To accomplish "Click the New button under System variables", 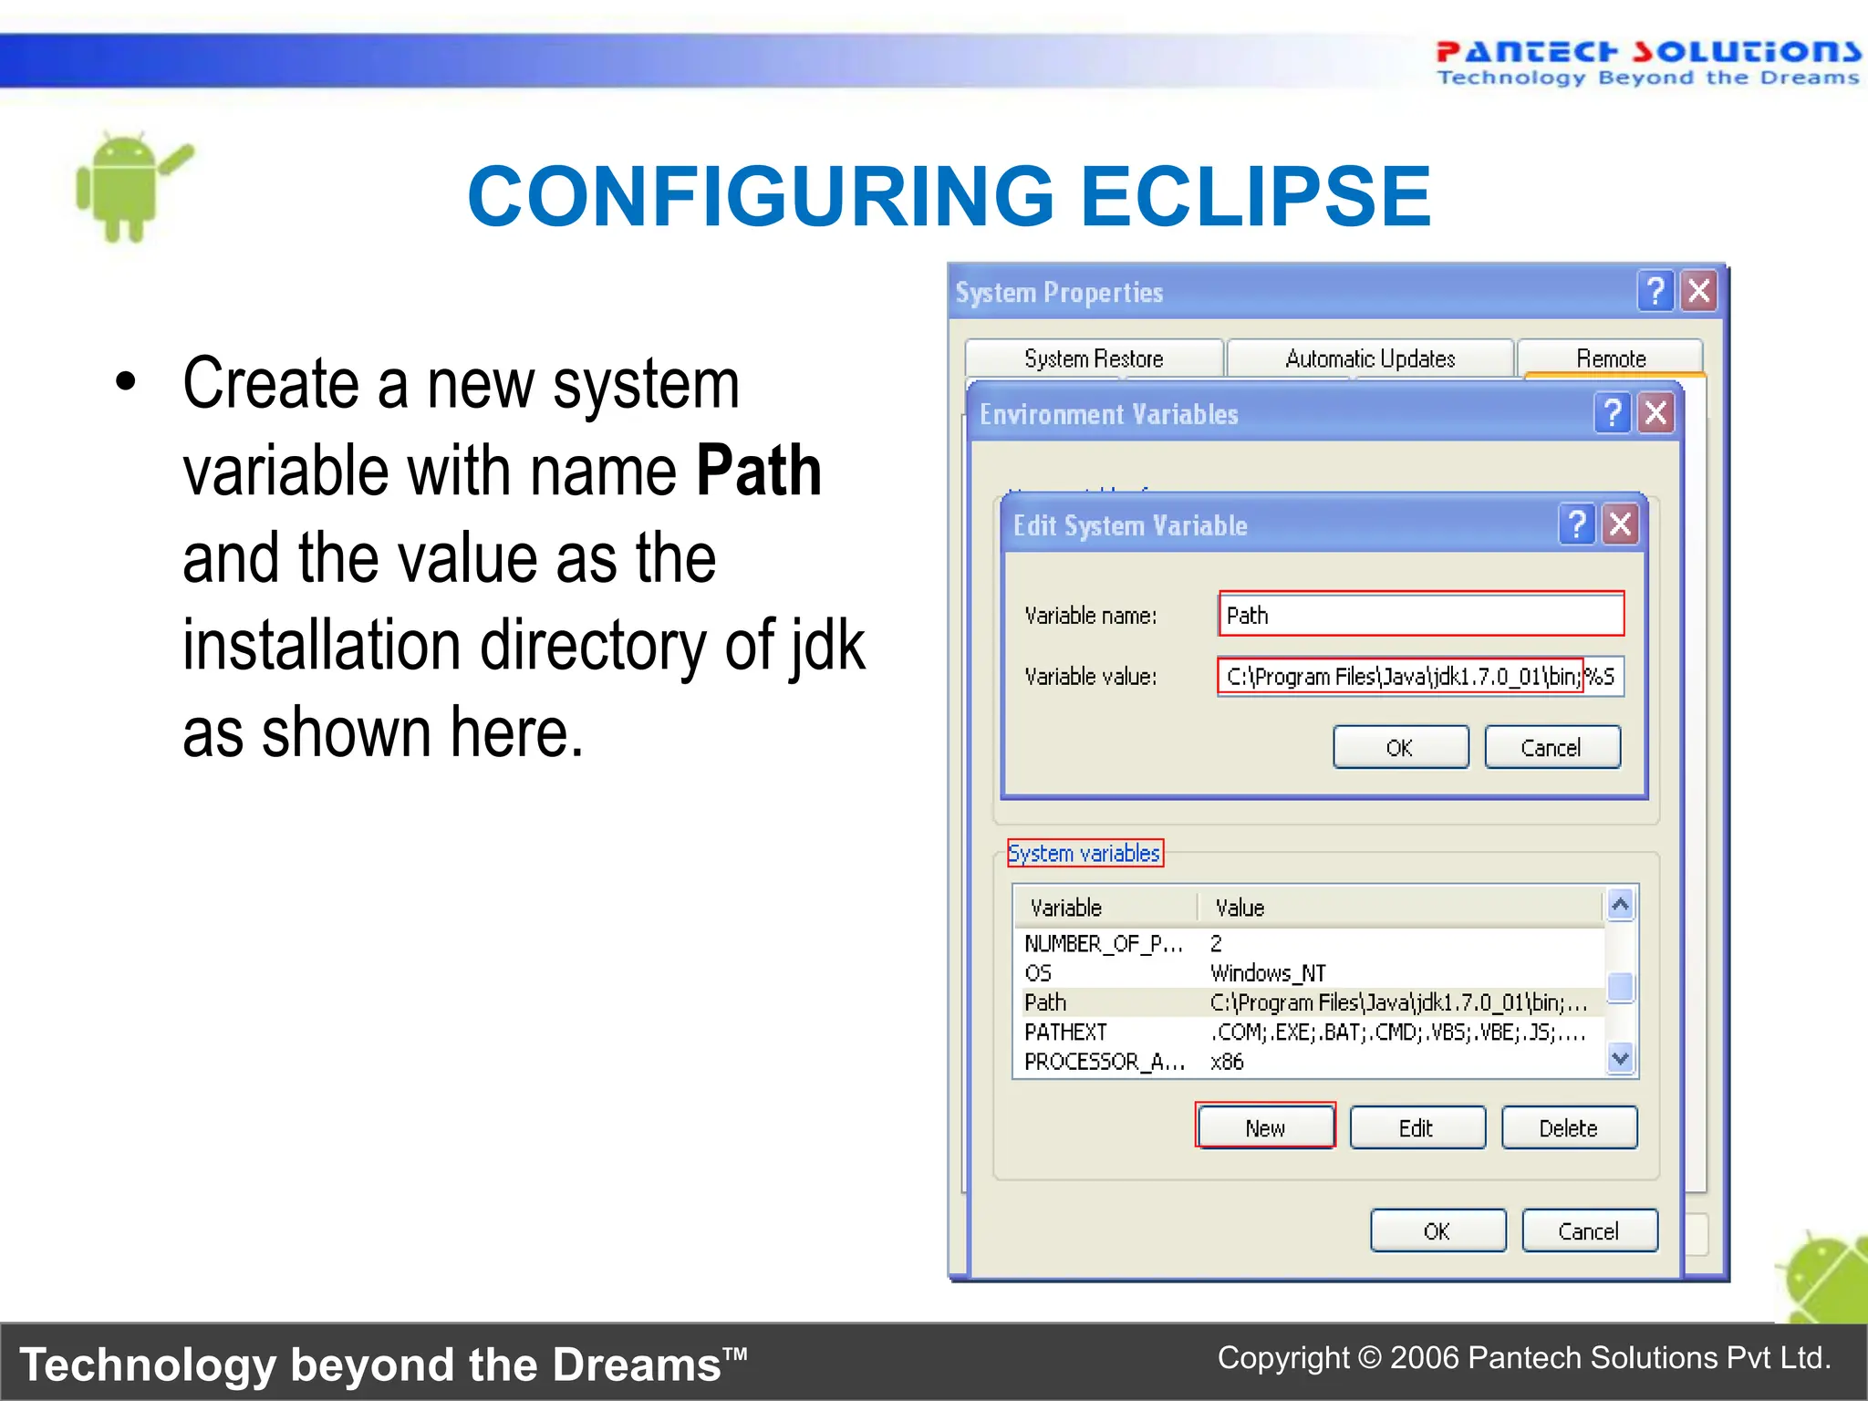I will tap(1265, 1127).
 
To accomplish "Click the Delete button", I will tap(1569, 1127).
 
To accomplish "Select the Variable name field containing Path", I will tap(1420, 615).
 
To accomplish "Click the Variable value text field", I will tap(1420, 677).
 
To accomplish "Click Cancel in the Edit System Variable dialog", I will tap(1551, 748).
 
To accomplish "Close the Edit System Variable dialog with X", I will tap(1621, 524).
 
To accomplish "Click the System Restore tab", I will tap(1094, 358).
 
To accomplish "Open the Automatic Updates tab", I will tap(1370, 358).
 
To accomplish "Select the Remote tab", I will tap(1611, 358).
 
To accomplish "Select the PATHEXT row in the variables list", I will tap(1065, 1033).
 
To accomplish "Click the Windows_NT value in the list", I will tap(1268, 973).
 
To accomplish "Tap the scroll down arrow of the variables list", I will tap(1620, 1058).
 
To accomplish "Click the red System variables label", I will tap(1084, 854).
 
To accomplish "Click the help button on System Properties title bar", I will tap(1655, 292).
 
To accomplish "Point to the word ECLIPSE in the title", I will tap(1256, 197).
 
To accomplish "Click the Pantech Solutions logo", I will tap(1647, 62).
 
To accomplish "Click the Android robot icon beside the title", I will tap(128, 187).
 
